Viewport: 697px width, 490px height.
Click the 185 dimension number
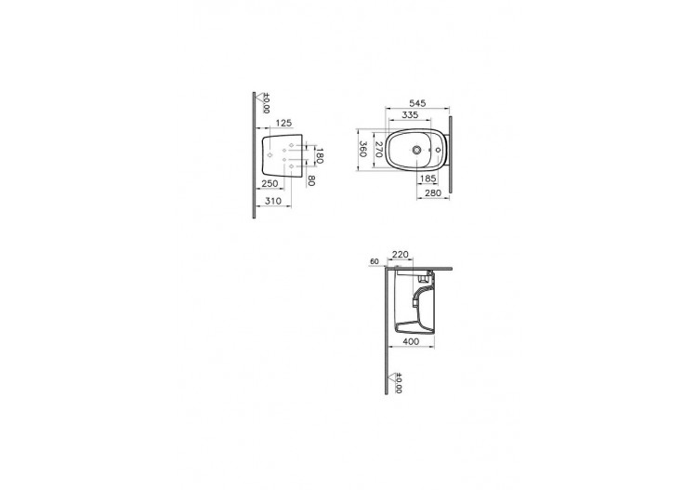point(428,178)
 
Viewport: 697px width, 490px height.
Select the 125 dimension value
point(284,123)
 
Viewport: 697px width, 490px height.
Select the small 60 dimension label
point(374,262)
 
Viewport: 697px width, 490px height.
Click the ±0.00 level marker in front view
point(264,103)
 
